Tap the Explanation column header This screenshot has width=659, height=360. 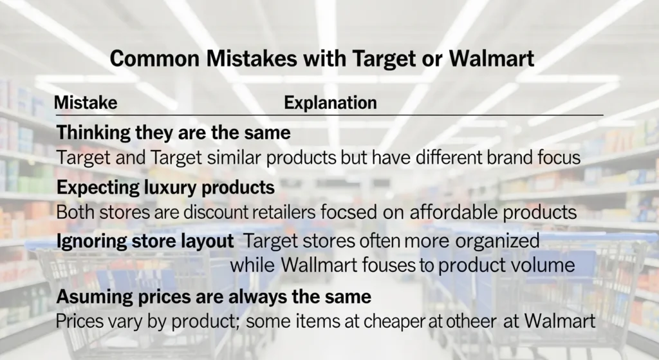(x=330, y=103)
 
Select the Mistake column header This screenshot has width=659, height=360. (x=85, y=103)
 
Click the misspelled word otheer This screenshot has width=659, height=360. (x=477, y=321)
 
